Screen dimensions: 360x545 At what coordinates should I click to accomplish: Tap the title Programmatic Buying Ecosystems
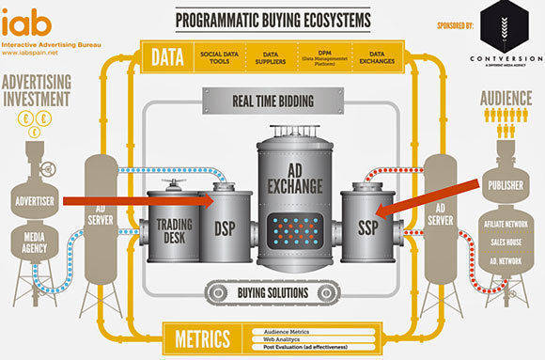[272, 19]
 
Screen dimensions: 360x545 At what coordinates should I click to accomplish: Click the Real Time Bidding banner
[272, 99]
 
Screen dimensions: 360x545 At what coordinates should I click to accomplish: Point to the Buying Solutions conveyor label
[272, 293]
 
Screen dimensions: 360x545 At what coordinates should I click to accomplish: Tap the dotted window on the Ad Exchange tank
[297, 228]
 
